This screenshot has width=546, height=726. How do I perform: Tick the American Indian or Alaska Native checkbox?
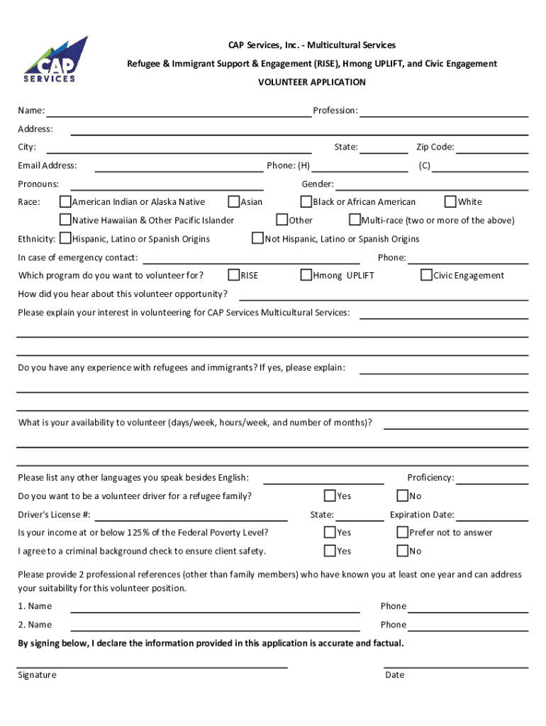click(x=65, y=202)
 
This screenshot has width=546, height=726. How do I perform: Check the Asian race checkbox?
click(x=234, y=202)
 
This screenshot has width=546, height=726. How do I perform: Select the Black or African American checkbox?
click(x=306, y=202)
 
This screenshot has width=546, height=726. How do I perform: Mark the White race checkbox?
click(x=451, y=202)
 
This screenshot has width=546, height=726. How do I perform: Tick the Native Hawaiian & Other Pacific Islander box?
click(x=65, y=220)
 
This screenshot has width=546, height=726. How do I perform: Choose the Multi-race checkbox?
click(x=355, y=220)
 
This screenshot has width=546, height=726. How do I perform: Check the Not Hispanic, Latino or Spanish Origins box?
click(x=258, y=239)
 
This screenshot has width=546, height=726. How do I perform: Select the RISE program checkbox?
click(x=234, y=275)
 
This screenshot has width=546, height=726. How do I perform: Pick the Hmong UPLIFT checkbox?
click(x=306, y=275)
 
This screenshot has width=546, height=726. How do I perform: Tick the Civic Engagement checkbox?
click(x=427, y=275)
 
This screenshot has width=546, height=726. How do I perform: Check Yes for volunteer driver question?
click(x=330, y=496)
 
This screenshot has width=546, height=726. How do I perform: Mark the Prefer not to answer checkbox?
click(x=403, y=532)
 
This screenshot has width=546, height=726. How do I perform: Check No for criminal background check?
click(x=403, y=551)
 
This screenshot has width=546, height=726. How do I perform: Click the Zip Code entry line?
click(x=492, y=152)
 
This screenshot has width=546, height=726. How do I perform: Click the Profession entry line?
click(x=444, y=115)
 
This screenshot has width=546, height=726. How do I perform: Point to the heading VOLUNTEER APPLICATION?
click(x=312, y=82)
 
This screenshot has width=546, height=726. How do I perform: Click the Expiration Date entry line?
click(x=492, y=519)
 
